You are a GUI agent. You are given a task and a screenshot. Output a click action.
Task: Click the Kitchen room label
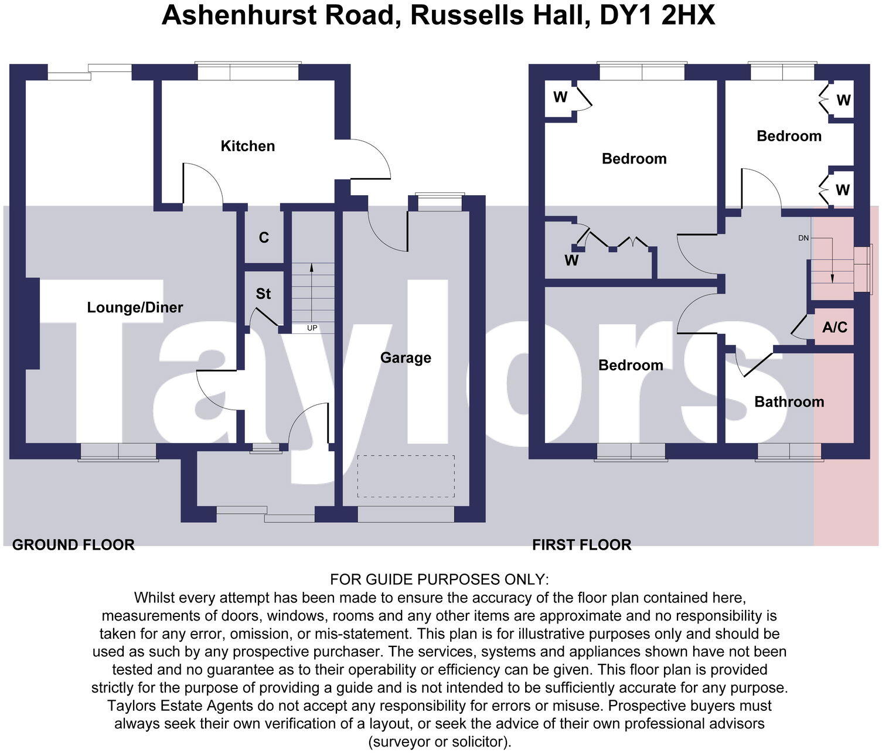pos(247,146)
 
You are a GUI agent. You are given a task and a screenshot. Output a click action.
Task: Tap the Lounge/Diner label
pos(135,308)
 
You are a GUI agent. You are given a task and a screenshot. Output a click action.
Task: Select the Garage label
pos(406,357)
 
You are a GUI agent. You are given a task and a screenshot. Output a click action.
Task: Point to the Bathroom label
pos(789,402)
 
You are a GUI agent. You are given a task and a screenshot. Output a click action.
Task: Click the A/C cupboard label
pos(835,327)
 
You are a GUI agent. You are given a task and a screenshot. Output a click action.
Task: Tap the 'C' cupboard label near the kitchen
pos(264,238)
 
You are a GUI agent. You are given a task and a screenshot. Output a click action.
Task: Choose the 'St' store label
pos(263,294)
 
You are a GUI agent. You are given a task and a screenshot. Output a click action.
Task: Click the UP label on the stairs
pos(312,328)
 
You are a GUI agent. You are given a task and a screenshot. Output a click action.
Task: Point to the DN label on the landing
pos(803,238)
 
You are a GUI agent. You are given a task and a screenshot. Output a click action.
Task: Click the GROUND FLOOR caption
pos(73,545)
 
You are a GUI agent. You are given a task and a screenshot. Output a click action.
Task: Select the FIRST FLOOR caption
pos(581,545)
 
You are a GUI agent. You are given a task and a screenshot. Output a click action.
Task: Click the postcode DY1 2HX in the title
pos(658,15)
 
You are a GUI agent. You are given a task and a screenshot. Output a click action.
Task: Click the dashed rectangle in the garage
pos(406,476)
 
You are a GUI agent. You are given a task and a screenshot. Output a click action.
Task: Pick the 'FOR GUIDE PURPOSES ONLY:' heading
pos(440,580)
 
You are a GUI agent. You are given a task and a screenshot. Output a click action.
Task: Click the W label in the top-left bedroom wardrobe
pos(560,97)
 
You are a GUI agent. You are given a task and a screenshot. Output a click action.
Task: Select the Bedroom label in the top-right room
pos(789,136)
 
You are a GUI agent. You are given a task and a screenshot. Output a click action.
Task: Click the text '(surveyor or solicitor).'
pos(440,742)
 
